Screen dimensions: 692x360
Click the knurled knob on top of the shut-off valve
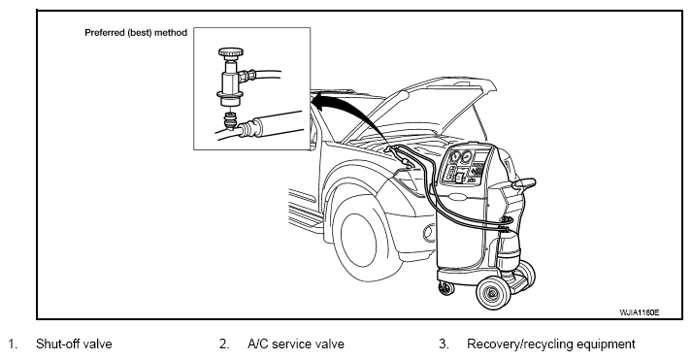click(x=230, y=52)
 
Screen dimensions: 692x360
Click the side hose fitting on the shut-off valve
click(x=247, y=76)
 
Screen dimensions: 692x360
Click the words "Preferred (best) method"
click(x=136, y=33)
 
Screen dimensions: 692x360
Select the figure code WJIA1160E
click(x=640, y=312)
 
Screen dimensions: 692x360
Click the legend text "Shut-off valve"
click(x=74, y=344)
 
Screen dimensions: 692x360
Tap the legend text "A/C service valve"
click(x=296, y=344)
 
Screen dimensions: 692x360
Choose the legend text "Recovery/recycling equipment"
click(x=551, y=344)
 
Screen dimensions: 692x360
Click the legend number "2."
click(x=224, y=344)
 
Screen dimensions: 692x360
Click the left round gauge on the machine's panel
click(x=454, y=156)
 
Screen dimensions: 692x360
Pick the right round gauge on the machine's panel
click(x=466, y=157)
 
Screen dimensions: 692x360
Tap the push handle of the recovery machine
click(x=523, y=182)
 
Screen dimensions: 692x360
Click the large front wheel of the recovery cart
click(x=493, y=291)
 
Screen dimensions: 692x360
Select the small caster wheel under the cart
click(x=446, y=288)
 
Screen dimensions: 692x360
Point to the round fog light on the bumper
click(x=428, y=234)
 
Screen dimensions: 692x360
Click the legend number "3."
click(x=444, y=344)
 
